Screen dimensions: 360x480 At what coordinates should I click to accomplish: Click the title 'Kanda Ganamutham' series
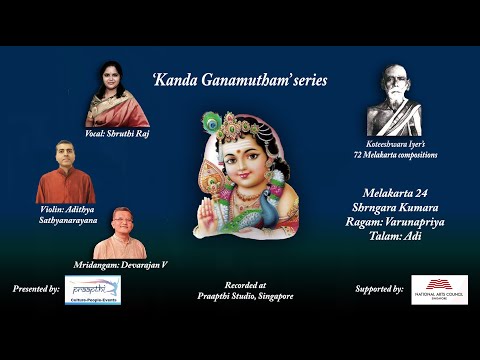[x=239, y=79]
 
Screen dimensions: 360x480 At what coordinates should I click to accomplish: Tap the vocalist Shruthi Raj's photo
[x=117, y=94]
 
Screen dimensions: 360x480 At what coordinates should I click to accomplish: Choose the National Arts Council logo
[x=439, y=288]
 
